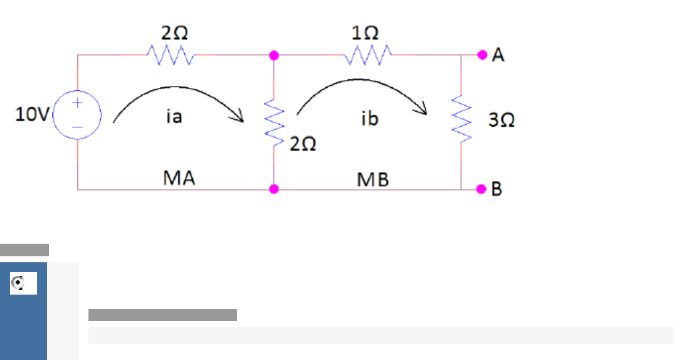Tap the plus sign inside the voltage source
click(77, 103)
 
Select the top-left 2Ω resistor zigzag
click(170, 55)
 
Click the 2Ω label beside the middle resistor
click(303, 144)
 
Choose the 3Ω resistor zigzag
click(461, 119)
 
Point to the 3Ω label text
click(502, 120)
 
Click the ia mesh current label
click(174, 118)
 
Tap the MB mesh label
click(373, 179)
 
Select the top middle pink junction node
click(274, 55)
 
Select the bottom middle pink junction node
click(274, 190)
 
